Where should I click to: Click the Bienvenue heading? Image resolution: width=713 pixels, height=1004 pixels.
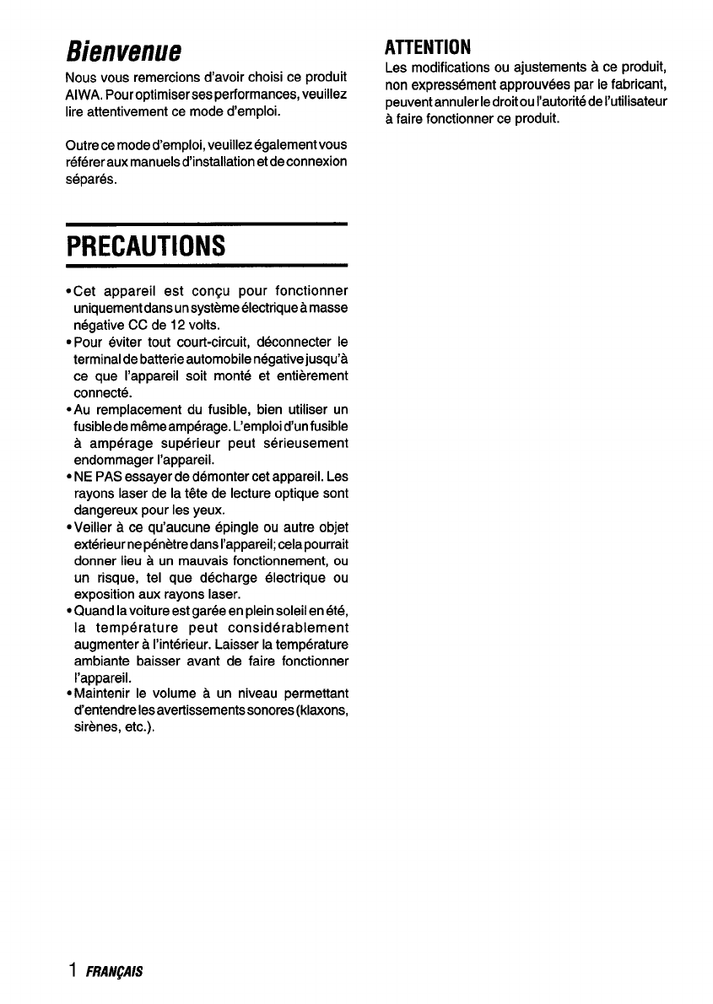(125, 50)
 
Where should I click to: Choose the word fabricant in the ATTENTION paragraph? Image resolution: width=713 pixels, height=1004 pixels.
(638, 83)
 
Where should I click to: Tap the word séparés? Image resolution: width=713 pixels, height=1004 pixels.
(91, 179)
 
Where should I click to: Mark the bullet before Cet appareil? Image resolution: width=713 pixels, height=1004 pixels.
(67, 292)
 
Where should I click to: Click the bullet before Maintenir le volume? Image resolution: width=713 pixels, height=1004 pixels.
(67, 694)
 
